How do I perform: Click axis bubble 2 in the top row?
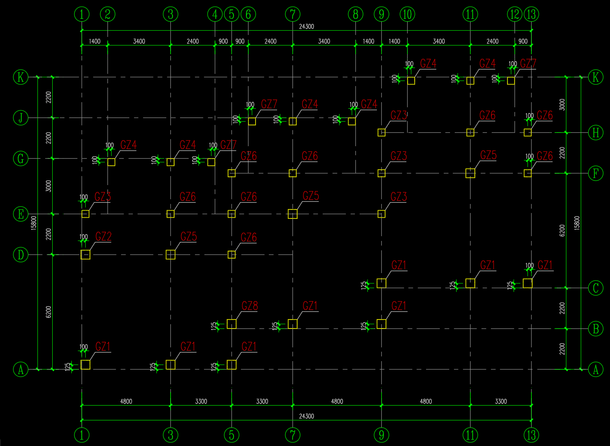pos(108,15)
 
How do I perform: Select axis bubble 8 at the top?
pos(355,15)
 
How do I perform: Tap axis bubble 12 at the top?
pos(514,15)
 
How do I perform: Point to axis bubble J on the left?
pos(21,117)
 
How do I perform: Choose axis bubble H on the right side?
pos(595,132)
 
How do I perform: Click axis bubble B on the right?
pos(595,329)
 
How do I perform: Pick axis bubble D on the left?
pos(21,255)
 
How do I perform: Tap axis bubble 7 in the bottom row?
pos(292,435)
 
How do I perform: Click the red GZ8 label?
pos(250,306)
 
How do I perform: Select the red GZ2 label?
pos(103,237)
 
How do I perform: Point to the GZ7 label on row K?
pos(528,63)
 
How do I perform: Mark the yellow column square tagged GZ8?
pos(232,324)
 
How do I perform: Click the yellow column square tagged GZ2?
pos(85,255)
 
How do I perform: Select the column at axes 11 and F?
pos(470,173)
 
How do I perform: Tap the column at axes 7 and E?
pos(292,214)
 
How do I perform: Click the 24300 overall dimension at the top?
pos(307,26)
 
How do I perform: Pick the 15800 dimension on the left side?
pos(33,222)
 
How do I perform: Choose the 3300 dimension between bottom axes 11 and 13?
pos(501,401)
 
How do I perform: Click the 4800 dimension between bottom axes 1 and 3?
pos(126,401)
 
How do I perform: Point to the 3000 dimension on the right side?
pos(562,105)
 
